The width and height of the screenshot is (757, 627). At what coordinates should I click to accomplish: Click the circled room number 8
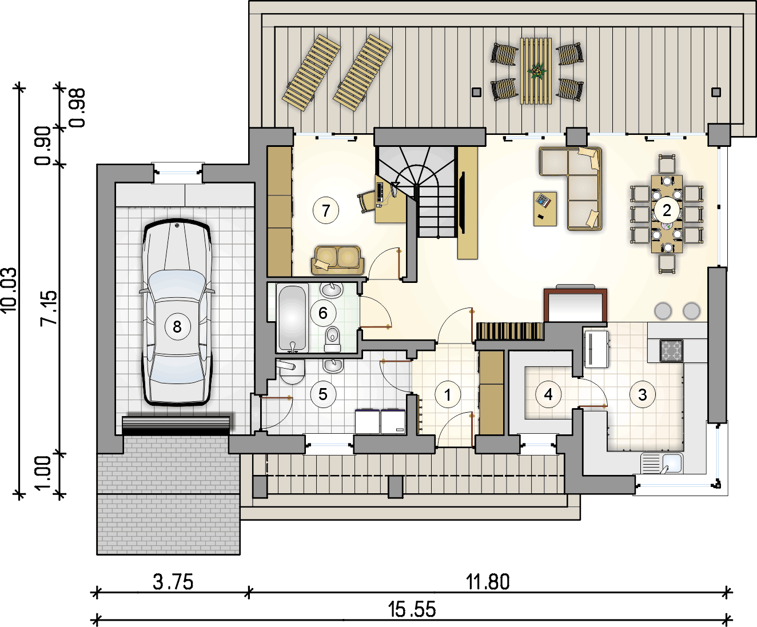[x=177, y=326]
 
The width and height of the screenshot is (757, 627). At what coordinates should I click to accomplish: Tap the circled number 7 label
[x=325, y=210]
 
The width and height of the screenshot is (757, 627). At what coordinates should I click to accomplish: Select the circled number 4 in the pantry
[x=548, y=394]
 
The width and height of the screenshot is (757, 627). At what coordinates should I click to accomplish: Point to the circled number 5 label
[x=323, y=394]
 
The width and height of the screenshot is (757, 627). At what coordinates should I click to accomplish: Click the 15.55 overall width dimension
[x=412, y=609]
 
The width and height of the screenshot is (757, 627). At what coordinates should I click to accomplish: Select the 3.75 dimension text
[x=173, y=582]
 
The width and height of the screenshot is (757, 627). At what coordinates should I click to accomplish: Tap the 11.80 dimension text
[x=488, y=582]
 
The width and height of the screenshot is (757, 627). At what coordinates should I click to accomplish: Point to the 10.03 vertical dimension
[x=9, y=290]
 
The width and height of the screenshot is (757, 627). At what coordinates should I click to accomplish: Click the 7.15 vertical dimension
[x=49, y=307]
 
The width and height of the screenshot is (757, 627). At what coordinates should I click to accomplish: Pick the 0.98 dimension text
[x=77, y=108]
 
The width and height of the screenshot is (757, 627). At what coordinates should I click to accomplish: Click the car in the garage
[x=177, y=312]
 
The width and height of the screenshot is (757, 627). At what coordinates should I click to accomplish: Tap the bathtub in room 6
[x=292, y=318]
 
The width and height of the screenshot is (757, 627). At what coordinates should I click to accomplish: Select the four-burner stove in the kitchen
[x=671, y=351]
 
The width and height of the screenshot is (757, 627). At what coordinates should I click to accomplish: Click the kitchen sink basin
[x=672, y=463]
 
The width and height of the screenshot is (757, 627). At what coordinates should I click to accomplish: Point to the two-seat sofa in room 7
[x=337, y=261]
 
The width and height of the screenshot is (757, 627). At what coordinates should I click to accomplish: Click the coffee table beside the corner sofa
[x=545, y=209]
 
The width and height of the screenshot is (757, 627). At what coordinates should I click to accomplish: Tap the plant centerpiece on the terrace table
[x=536, y=71]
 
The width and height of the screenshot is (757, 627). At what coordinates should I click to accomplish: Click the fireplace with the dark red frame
[x=575, y=305]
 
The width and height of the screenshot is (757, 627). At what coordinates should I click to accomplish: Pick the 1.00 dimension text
[x=43, y=473]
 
